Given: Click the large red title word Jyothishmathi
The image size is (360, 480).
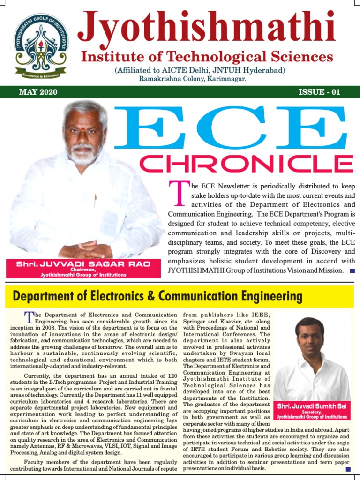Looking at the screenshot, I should (206, 28).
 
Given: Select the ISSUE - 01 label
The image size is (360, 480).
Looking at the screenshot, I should (319, 92).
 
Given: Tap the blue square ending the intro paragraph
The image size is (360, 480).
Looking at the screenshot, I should (352, 271).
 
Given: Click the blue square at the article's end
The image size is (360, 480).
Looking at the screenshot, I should (348, 468).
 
